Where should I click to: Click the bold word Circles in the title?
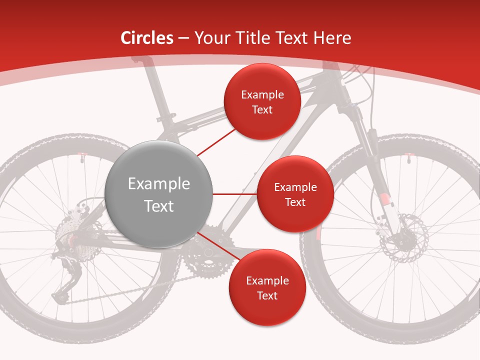[146, 38]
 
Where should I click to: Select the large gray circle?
[158, 194]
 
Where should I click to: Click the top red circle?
[262, 101]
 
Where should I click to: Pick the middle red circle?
[295, 194]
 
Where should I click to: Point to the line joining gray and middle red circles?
[234, 194]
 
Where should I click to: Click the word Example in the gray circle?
[158, 184]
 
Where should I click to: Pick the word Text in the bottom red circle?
[267, 295]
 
